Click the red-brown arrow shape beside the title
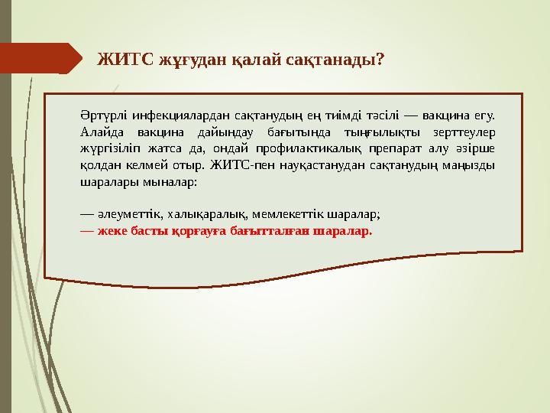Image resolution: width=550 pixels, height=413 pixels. (42, 59)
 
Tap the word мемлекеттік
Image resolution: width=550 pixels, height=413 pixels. (284, 214)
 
